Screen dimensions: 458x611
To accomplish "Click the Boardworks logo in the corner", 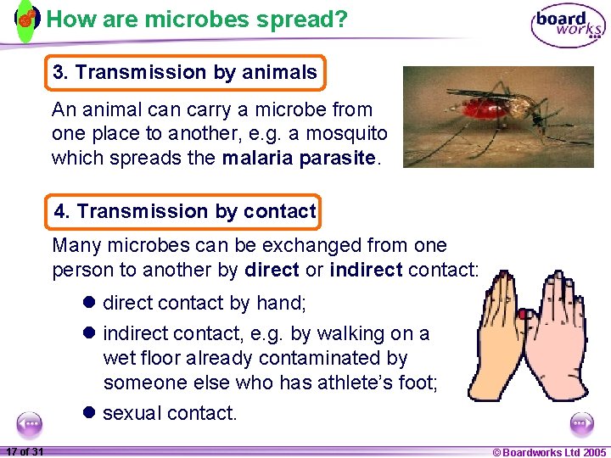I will [568, 25].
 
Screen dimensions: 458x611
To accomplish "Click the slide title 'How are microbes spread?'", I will [196, 20].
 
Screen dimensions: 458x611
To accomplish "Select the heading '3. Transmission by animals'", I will [184, 73].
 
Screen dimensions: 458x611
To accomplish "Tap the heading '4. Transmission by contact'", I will [184, 211].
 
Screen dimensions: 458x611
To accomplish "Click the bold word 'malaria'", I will [259, 158].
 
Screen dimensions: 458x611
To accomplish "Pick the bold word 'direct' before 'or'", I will [271, 270].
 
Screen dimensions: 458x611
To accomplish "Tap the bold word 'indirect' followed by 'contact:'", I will [366, 270].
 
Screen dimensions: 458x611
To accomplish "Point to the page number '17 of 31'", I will [25, 451].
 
